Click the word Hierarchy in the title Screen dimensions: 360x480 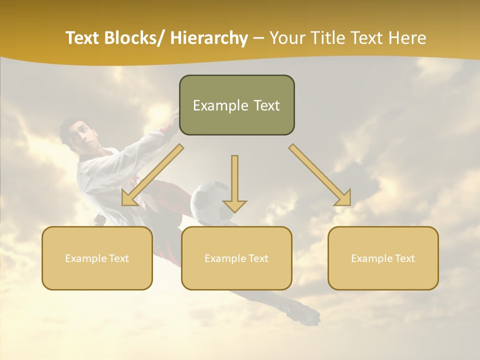(209, 38)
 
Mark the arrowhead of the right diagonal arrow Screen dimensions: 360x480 (343, 198)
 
